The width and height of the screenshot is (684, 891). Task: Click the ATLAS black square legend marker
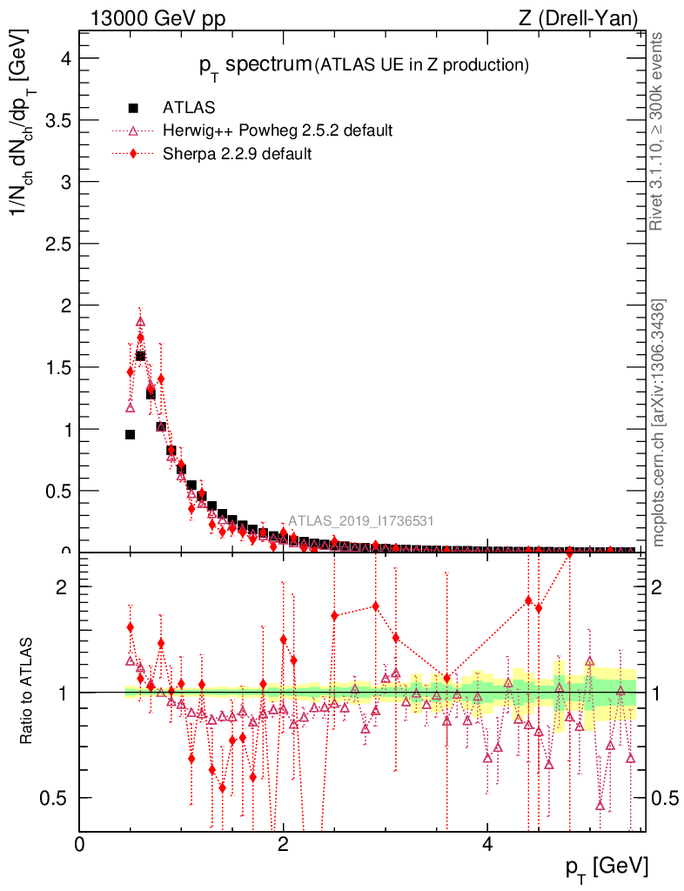[x=133, y=108]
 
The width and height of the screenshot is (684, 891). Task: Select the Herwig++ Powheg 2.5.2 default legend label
[x=278, y=131]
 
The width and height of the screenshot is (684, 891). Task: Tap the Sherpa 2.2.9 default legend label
[x=237, y=154]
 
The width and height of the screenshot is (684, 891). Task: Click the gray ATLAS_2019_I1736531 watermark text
[x=361, y=521]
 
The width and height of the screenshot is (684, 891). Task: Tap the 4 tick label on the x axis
[x=487, y=844]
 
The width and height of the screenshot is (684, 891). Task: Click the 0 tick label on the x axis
[x=80, y=844]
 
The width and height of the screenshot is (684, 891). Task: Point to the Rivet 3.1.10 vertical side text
[x=658, y=131]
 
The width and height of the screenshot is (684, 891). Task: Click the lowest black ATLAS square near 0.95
[x=131, y=434]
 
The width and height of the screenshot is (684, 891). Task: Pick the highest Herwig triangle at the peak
[x=140, y=322]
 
